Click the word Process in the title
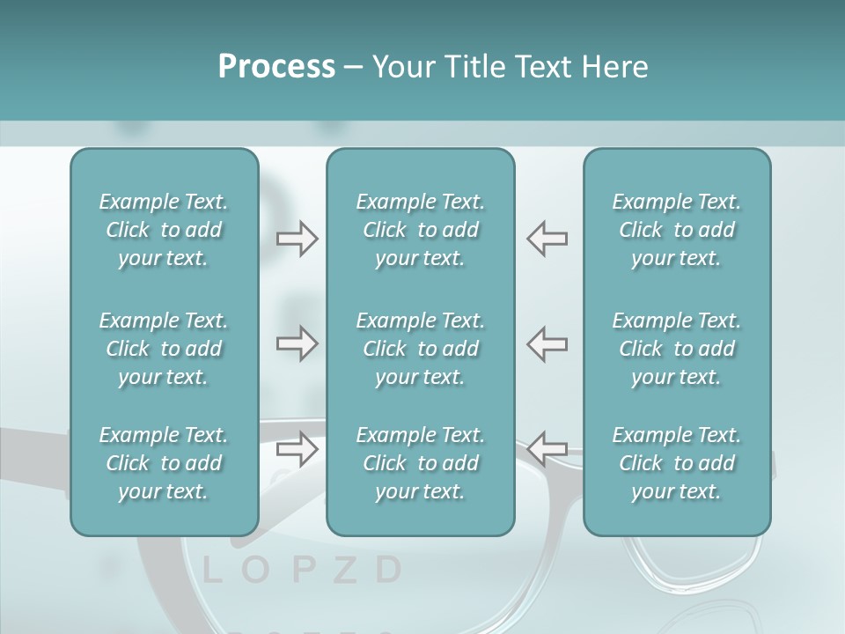[276, 67]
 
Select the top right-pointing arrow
[298, 238]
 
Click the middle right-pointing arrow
[298, 343]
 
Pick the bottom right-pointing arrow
[298, 449]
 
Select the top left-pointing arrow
[547, 238]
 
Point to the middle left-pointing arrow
[547, 343]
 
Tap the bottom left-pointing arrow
[547, 449]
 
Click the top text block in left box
[164, 230]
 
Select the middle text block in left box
[164, 349]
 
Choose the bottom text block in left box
[164, 463]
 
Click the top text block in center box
[421, 230]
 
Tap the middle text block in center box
[421, 349]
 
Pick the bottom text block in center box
[421, 463]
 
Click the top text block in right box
[677, 230]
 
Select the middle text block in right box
[677, 349]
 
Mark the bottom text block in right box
[677, 463]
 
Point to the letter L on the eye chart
[211, 571]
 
